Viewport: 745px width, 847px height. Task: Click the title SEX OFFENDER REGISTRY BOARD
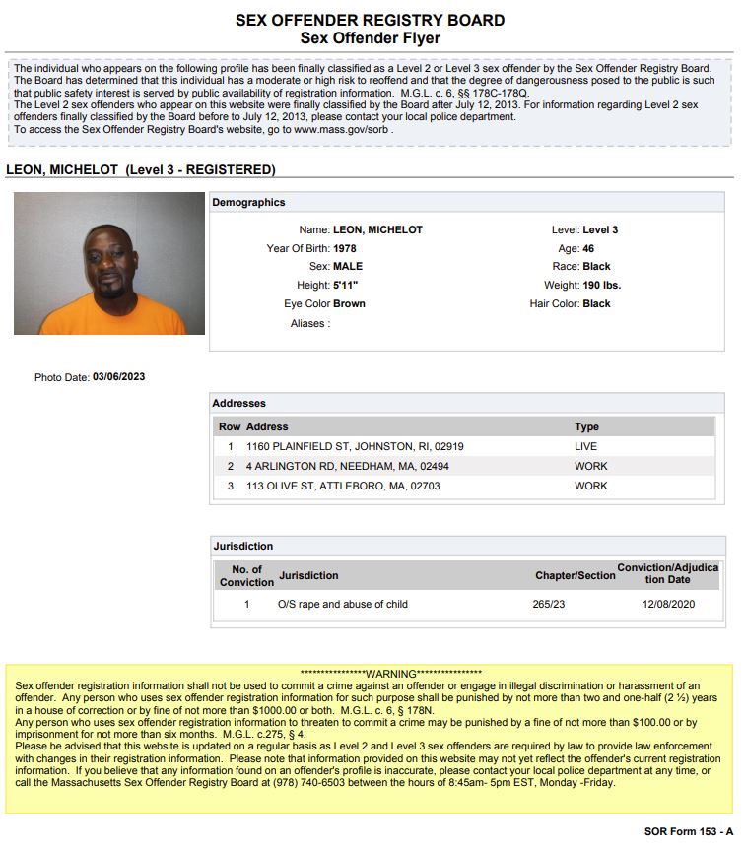click(371, 20)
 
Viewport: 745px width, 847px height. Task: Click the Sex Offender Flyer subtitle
click(371, 38)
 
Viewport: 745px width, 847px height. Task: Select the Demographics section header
click(249, 202)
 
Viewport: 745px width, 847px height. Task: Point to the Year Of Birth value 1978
click(345, 248)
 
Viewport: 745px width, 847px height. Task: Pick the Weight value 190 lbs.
click(602, 286)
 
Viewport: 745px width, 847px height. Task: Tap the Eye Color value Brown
click(349, 304)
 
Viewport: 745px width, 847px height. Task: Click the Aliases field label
click(309, 323)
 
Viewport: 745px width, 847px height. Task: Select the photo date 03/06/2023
click(118, 377)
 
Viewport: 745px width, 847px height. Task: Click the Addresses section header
click(239, 403)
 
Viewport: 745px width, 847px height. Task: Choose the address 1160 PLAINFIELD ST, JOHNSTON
click(355, 446)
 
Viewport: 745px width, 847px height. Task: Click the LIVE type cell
click(586, 446)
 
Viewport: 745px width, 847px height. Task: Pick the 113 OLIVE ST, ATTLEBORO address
click(343, 486)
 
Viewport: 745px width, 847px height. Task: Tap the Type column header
click(587, 427)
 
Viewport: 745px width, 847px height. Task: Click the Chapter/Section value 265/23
click(548, 604)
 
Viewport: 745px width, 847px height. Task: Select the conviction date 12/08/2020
click(668, 604)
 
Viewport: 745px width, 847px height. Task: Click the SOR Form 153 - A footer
click(689, 832)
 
